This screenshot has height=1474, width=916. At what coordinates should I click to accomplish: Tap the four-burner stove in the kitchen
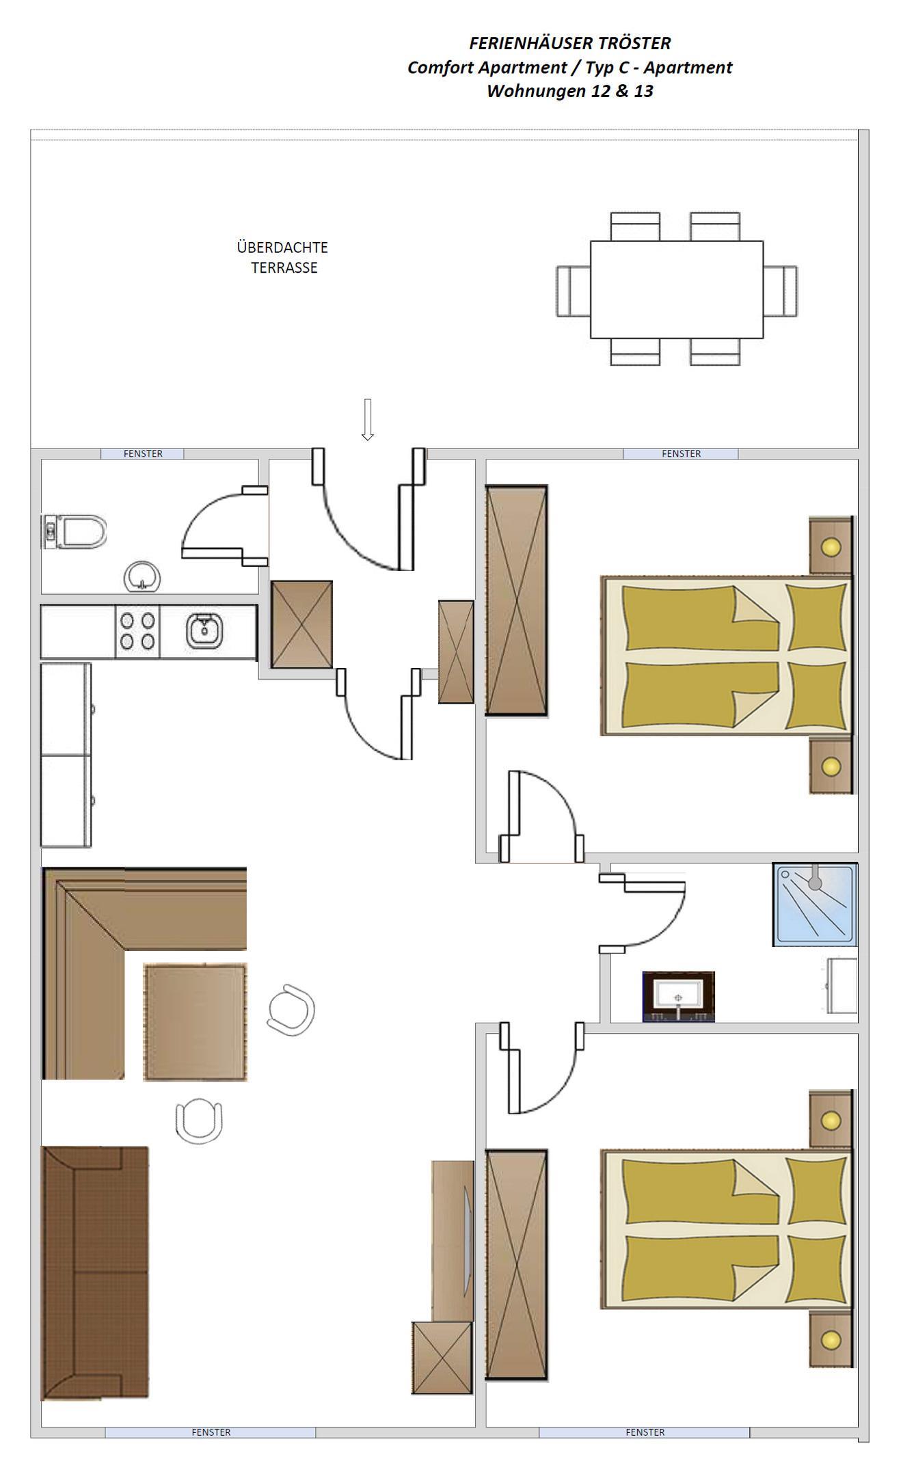137,632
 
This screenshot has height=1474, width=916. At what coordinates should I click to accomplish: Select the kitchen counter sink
204,631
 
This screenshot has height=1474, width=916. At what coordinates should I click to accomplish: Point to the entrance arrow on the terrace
368,420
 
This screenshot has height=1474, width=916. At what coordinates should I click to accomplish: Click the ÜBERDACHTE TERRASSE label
283,257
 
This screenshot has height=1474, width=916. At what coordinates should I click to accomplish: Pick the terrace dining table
677,289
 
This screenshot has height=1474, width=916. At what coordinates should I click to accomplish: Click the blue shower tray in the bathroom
816,904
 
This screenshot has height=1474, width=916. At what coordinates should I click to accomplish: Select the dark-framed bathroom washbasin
679,997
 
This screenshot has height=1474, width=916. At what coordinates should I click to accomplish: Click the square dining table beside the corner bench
195,1022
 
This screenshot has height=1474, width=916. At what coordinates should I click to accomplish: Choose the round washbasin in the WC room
142,576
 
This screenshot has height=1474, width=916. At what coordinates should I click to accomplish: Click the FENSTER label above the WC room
143,454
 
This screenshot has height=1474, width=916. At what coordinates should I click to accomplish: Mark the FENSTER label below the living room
211,1432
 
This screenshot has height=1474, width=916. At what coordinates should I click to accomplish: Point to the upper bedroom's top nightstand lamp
831,547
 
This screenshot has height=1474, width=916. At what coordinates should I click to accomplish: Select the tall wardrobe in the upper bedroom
517,600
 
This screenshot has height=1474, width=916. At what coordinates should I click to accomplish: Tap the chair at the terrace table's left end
574,291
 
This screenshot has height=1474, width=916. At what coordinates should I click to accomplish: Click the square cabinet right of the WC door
302,624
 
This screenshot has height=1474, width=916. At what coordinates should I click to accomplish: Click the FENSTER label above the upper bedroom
682,454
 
